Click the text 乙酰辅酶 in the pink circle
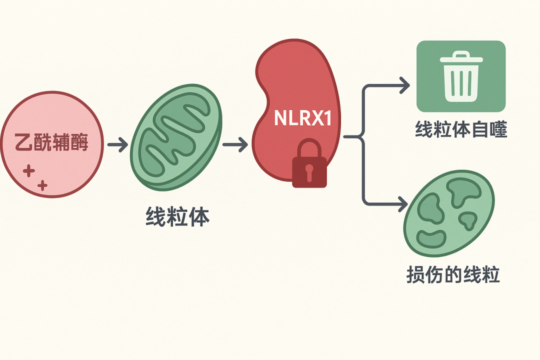(52, 142)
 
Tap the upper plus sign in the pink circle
(29, 172)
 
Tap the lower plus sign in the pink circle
(42, 185)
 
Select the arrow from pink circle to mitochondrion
(117, 145)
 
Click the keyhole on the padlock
(309, 171)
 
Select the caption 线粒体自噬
(461, 130)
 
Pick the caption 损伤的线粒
(453, 275)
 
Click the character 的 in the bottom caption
(453, 275)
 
